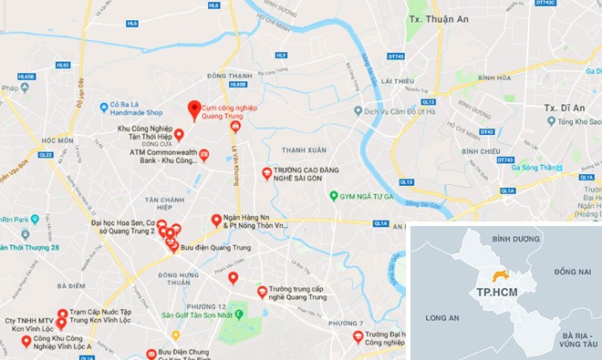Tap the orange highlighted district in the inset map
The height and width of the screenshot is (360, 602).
pos(499,275)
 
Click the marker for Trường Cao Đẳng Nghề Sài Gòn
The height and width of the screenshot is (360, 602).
pos(266,171)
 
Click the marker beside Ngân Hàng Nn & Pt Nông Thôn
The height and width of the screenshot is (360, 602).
pos(217,219)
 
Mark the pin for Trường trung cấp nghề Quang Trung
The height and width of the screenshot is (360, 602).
pos(263,291)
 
